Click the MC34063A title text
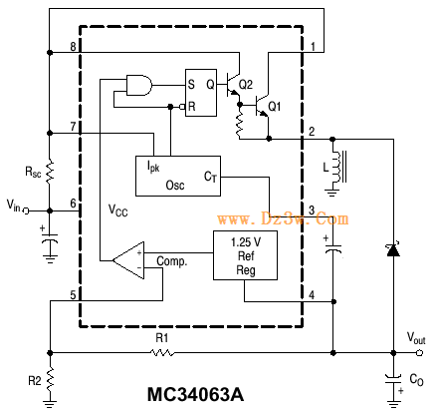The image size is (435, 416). coord(195,394)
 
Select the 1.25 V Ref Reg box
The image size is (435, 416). coord(245,255)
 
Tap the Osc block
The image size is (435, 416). coord(178,176)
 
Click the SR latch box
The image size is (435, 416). coord(201,93)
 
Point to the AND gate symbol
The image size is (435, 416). coord(139,85)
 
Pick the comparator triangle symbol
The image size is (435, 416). coord(128,260)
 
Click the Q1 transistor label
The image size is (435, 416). coord(275,107)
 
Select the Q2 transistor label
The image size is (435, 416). coord(246,85)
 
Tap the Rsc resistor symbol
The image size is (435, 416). coord(50,172)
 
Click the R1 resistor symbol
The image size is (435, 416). coord(161,352)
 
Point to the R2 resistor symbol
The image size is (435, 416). coord(50,380)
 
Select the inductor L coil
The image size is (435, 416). coord(336,167)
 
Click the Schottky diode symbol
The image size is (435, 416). coord(393,250)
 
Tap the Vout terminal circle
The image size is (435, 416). coord(419,352)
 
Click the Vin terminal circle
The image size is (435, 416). coord(27,210)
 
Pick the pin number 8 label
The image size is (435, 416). coord(73,47)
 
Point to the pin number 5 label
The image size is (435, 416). coord(73,295)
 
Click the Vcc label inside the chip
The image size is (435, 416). coord(118,210)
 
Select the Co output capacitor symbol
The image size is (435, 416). coord(393,380)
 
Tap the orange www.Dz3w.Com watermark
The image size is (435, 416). coord(283,218)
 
